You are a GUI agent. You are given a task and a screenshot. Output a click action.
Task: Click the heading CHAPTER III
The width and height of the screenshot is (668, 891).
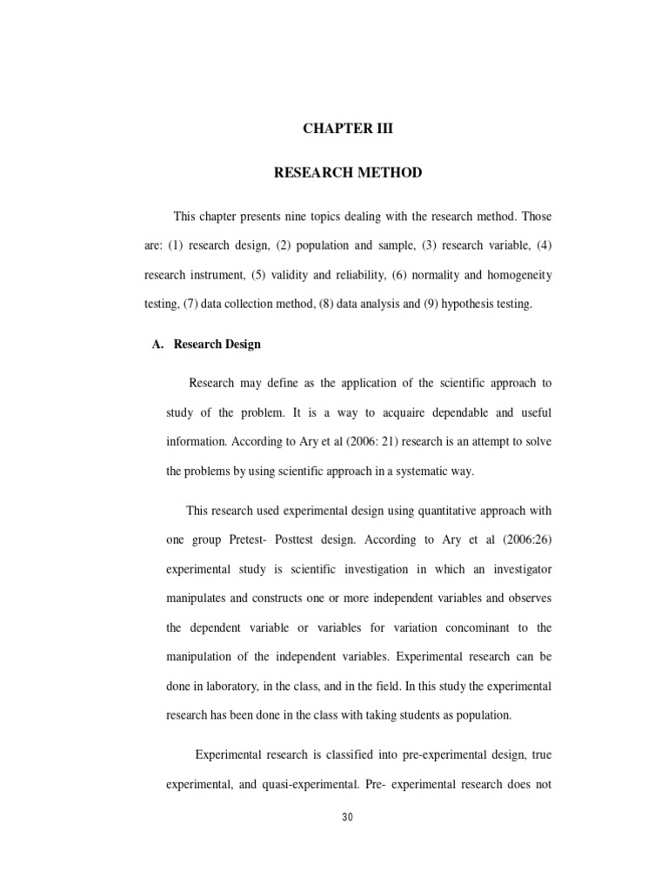point(348,129)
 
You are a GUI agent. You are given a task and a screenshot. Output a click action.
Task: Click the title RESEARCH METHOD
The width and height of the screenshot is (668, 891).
point(348,173)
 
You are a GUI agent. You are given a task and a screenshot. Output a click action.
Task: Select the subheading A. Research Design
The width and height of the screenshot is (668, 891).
point(207,345)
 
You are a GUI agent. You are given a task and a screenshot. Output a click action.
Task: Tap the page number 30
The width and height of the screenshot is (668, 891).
point(348,817)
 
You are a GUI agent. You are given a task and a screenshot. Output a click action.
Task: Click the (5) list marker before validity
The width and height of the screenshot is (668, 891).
point(258,275)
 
